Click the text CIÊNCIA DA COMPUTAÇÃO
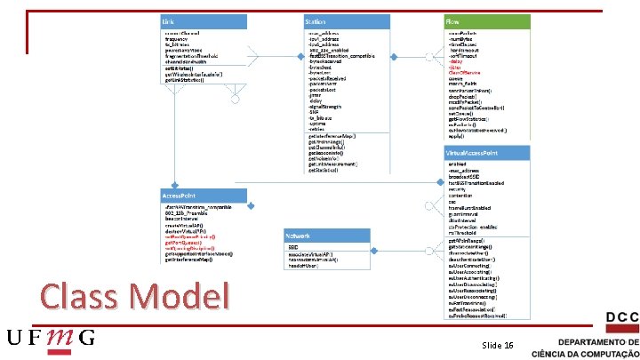coord(585,352)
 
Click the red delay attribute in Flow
coord(454,61)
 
